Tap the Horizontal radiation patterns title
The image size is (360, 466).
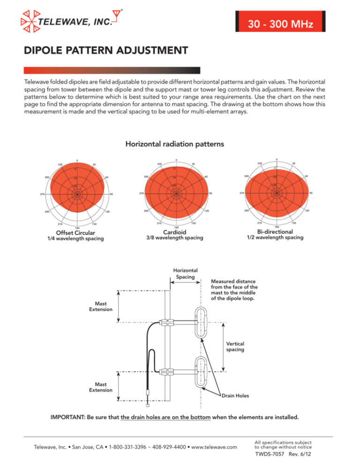[180, 145]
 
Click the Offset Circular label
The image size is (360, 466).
[75, 233]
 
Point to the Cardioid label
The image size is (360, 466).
[176, 232]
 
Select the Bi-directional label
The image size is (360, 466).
[275, 232]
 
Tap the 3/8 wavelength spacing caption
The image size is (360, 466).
[176, 238]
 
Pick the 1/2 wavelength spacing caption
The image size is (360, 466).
[275, 238]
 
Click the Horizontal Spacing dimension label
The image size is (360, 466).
[185, 274]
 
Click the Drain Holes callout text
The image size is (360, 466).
[236, 396]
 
